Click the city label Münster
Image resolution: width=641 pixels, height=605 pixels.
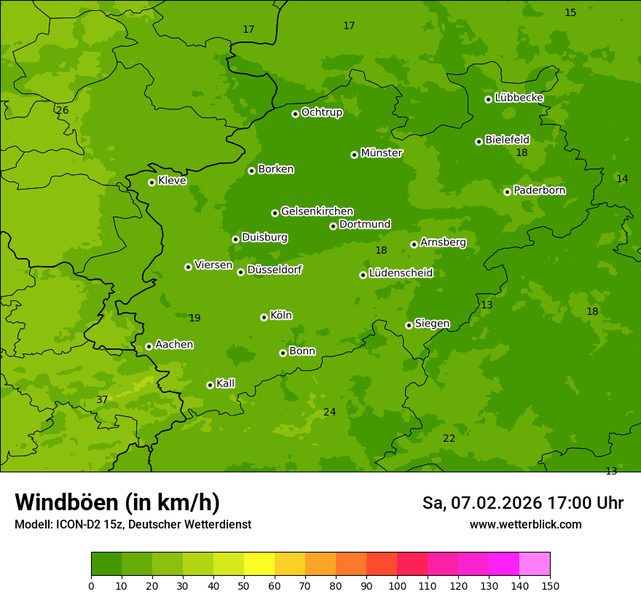[x=381, y=153]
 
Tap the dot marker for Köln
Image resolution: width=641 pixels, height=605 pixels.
[x=264, y=317]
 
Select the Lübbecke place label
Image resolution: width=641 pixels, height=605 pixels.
[x=519, y=98]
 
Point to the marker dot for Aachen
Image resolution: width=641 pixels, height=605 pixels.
[x=149, y=346]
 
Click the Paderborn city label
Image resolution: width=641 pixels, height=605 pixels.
[x=539, y=190]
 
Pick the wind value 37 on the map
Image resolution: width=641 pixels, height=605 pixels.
[x=102, y=400]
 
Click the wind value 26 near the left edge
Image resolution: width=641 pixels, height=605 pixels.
[x=63, y=111]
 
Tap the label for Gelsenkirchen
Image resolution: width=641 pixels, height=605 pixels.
[x=317, y=211]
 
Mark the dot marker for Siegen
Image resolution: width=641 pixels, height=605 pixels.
[x=409, y=325]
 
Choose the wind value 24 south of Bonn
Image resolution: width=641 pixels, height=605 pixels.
[x=330, y=413]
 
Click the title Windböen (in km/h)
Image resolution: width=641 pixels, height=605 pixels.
[x=117, y=502]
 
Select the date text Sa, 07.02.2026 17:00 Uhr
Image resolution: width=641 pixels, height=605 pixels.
[x=522, y=503]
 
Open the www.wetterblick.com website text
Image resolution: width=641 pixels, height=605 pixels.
[x=525, y=525]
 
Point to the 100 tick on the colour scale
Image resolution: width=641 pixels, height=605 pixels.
[x=397, y=585]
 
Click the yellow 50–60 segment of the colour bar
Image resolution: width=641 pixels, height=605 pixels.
[x=259, y=564]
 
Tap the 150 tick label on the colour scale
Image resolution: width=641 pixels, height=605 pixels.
[x=550, y=585]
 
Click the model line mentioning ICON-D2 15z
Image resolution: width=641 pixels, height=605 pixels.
[x=133, y=525]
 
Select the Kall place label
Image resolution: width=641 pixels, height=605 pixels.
[x=225, y=383]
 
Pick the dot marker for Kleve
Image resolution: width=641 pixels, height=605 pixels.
[x=152, y=182]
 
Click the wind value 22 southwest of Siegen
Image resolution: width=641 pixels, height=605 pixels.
[x=449, y=438]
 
